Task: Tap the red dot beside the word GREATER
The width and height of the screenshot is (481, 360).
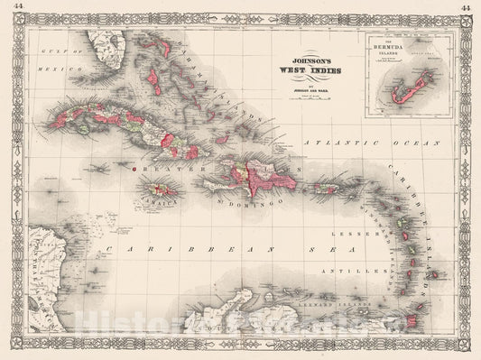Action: [x=134, y=168]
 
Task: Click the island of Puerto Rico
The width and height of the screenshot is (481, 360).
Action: [x=332, y=189]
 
